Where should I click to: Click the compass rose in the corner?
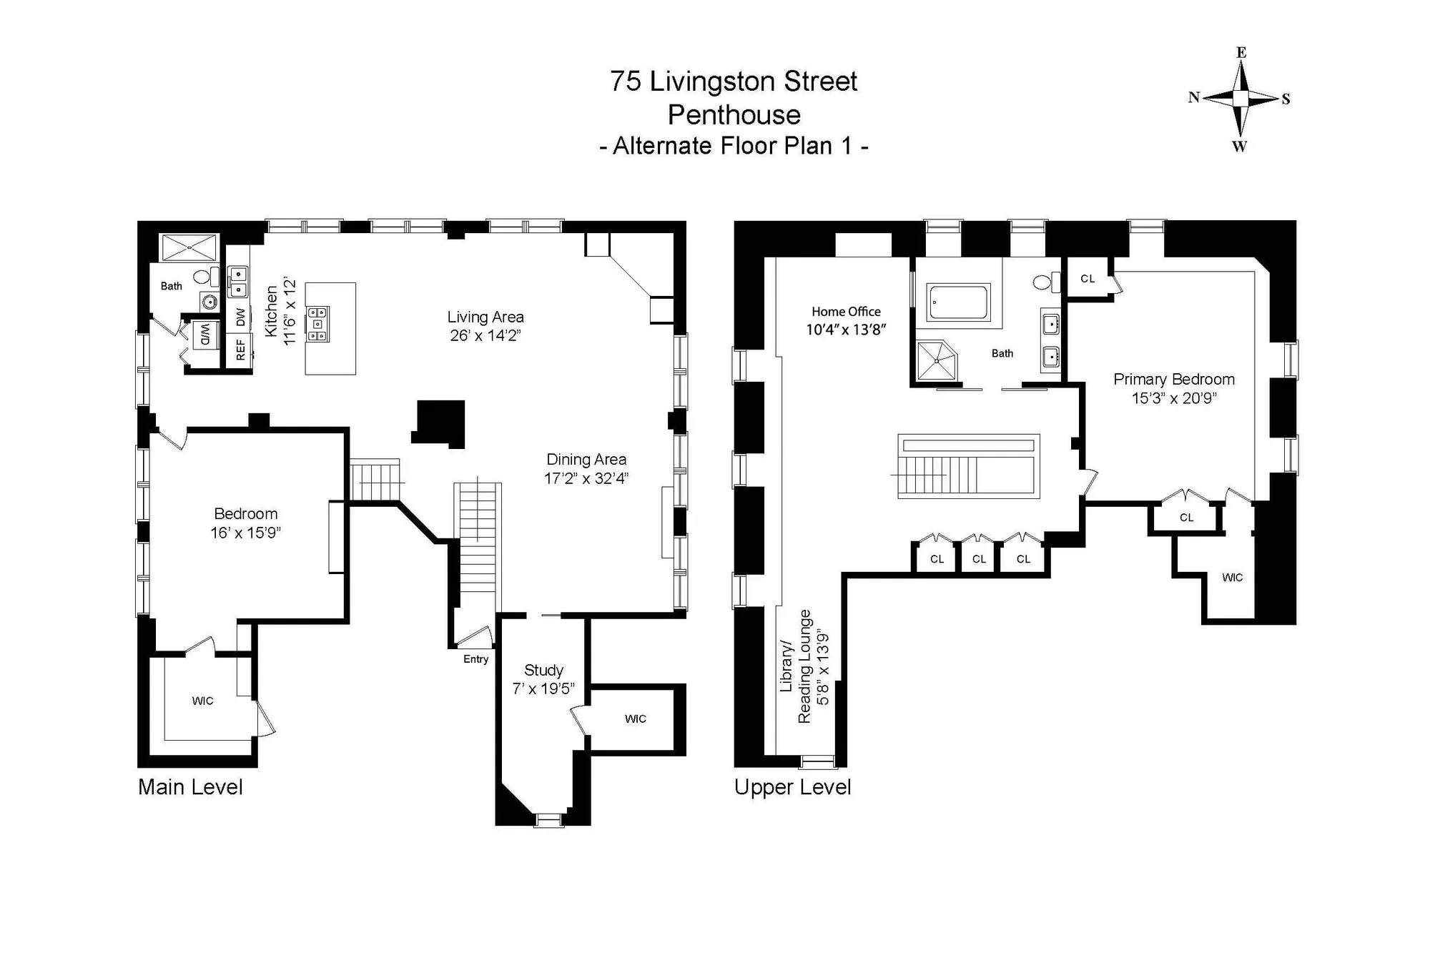[1241, 99]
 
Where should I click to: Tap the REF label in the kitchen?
[240, 350]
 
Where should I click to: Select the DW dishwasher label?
[240, 317]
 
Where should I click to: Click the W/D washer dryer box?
[204, 335]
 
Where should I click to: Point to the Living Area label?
[485, 317]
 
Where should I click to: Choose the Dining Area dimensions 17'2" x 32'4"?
[586, 478]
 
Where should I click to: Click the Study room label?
[543, 670]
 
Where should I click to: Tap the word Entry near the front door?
[475, 659]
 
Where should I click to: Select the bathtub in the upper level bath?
[958, 302]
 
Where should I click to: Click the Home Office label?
[846, 312]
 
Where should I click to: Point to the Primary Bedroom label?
[1174, 379]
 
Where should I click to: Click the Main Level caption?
[190, 787]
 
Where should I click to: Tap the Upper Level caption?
[792, 788]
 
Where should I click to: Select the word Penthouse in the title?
[734, 114]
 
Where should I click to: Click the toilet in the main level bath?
[204, 275]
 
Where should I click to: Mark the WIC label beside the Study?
[635, 719]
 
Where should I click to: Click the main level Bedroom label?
[245, 513]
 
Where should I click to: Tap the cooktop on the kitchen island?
[318, 324]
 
